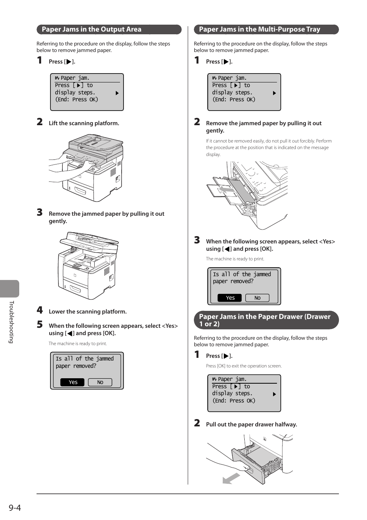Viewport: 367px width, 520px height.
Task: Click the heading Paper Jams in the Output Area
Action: (x=92, y=29)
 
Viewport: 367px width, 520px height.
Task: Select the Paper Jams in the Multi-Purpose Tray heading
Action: (x=259, y=29)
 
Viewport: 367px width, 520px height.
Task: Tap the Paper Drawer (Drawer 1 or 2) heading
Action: (x=264, y=320)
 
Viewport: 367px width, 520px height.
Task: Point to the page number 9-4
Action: (x=15, y=508)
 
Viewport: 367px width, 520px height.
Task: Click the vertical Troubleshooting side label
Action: (x=12, y=322)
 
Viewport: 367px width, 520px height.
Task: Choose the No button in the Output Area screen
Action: (x=100, y=382)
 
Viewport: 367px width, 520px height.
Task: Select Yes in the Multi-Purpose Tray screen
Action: (x=230, y=298)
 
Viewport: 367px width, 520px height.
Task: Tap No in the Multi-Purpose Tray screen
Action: (x=257, y=298)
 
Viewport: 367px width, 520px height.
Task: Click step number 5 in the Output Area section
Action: (x=40, y=324)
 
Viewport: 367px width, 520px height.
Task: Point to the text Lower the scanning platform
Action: (x=87, y=312)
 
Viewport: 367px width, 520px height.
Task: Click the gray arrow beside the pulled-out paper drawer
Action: (x=231, y=478)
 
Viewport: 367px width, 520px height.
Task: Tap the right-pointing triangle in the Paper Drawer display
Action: (x=274, y=394)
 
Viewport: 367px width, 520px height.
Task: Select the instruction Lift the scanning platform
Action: (x=84, y=123)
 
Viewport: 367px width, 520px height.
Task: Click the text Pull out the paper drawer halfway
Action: (x=251, y=424)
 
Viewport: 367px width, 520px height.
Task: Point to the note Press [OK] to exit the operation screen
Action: (x=244, y=366)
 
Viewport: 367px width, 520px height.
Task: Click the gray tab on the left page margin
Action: (x=9, y=289)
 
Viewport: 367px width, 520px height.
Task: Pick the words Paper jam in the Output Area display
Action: (x=75, y=78)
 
